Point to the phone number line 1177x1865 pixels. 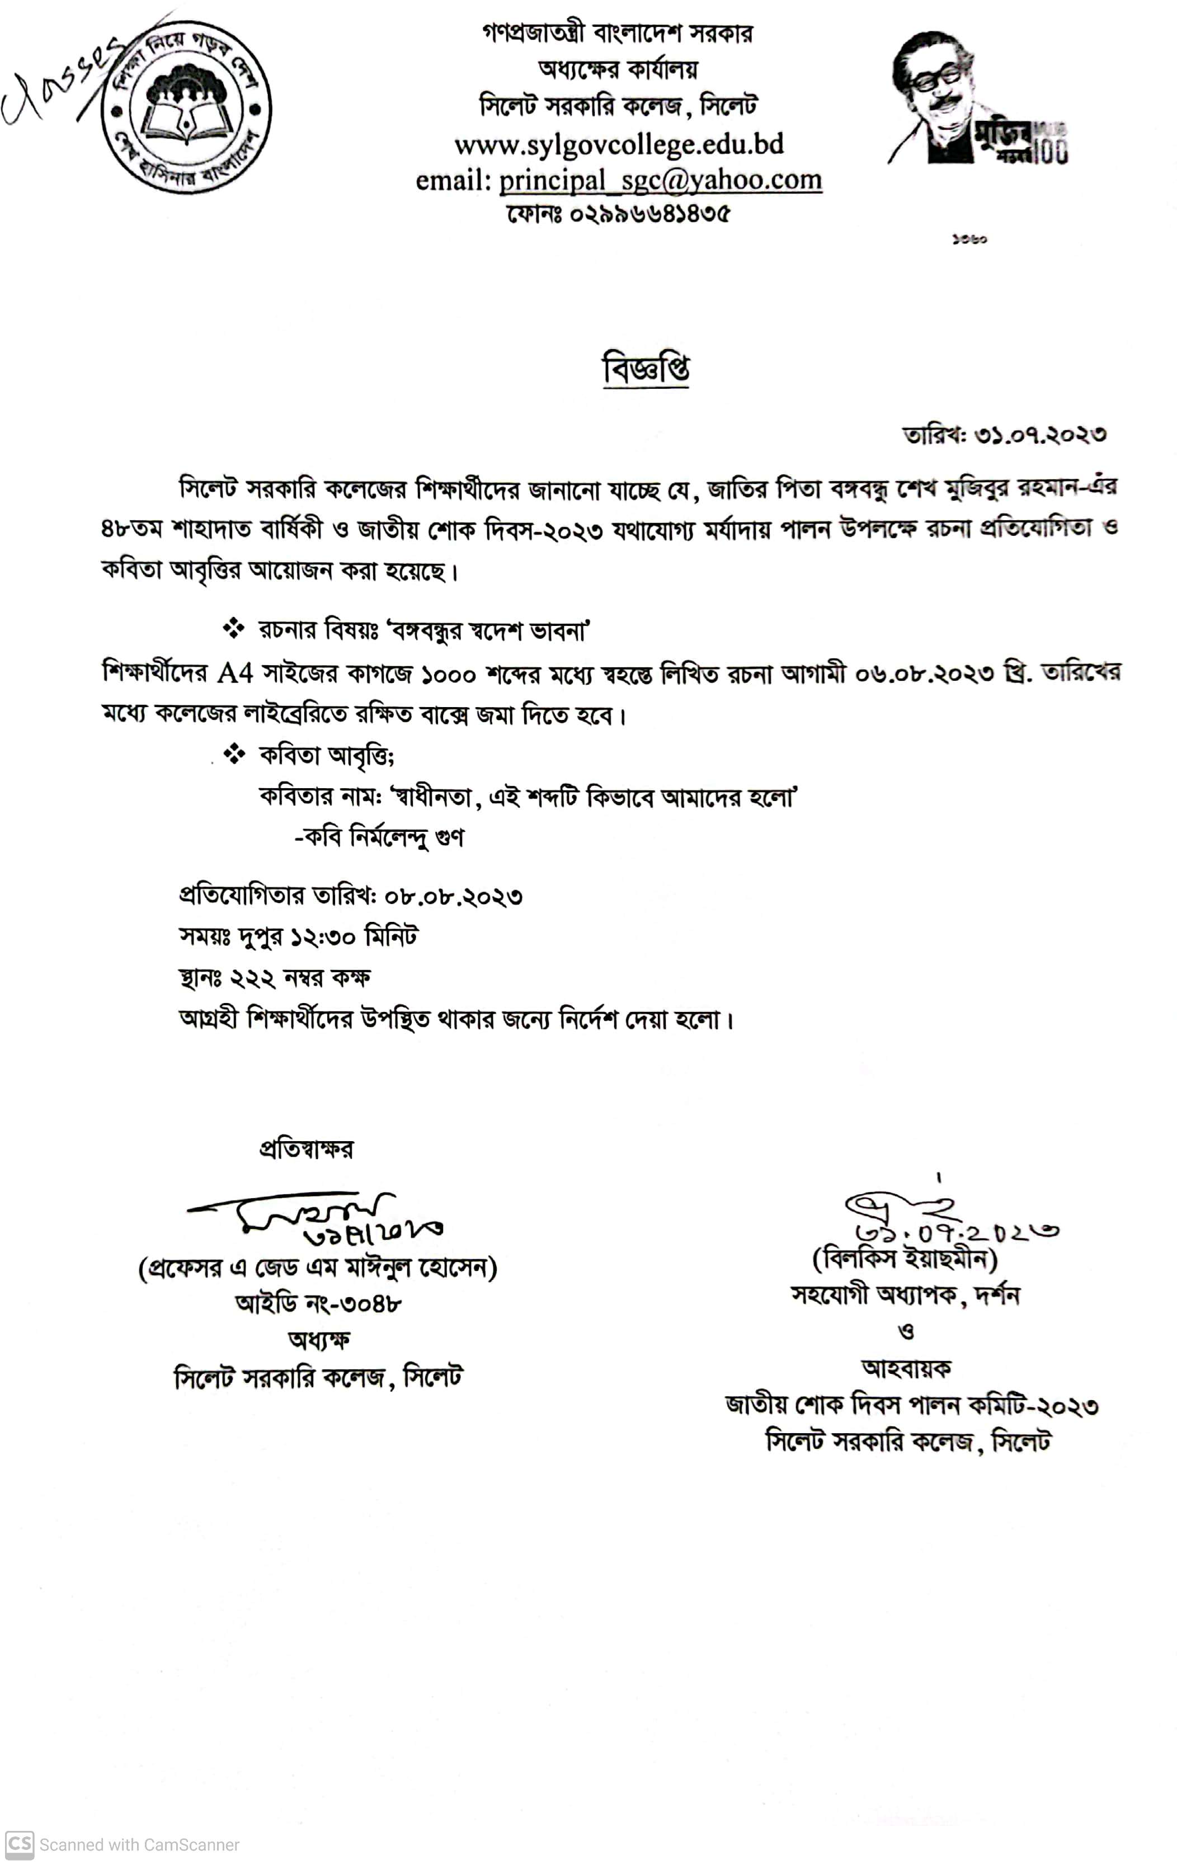click(x=618, y=213)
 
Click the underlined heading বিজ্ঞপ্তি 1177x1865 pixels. click(x=646, y=369)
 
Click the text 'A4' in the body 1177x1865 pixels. click(x=234, y=673)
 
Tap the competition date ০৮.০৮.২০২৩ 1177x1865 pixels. click(x=453, y=897)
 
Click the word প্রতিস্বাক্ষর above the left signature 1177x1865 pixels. click(x=306, y=1150)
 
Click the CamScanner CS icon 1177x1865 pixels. click(x=20, y=1844)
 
